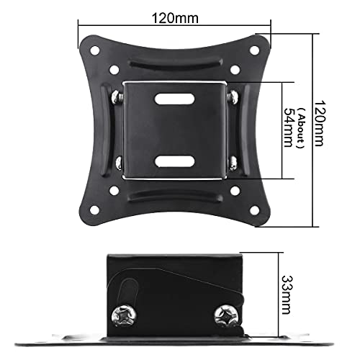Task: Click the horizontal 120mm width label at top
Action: click(175, 18)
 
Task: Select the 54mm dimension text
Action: click(289, 127)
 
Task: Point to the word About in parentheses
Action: click(301, 127)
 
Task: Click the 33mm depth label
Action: click(287, 294)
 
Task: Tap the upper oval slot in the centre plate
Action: click(174, 99)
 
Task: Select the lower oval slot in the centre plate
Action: click(174, 161)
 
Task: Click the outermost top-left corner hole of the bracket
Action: click(94, 50)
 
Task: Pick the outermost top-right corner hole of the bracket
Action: click(254, 50)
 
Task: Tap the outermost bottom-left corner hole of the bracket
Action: click(94, 210)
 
